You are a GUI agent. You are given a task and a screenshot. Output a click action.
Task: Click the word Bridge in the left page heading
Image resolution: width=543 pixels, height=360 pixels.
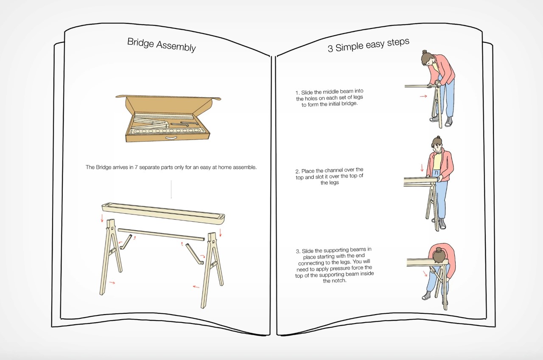140,43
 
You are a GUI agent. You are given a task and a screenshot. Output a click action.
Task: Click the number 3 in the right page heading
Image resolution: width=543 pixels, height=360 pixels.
330,49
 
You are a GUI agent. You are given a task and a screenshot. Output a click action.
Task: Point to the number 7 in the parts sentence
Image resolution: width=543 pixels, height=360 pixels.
136,167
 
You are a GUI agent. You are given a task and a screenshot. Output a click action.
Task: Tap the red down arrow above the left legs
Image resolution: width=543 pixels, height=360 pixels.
102,218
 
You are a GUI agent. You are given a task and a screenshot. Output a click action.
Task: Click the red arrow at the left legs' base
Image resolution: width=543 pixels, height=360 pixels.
112,282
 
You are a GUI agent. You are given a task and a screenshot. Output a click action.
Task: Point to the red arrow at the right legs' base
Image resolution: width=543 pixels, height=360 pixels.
196,287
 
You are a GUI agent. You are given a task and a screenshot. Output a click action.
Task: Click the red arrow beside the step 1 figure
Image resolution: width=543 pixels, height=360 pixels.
423,96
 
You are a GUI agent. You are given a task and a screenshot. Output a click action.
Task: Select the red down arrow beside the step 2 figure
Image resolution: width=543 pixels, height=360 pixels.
422,167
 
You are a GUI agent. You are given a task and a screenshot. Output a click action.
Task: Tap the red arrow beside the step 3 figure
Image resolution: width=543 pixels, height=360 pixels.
425,273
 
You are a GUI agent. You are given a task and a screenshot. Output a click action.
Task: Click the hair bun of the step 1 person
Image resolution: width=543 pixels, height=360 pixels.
424,52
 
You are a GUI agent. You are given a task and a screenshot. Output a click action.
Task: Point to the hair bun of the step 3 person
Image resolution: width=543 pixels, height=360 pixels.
438,250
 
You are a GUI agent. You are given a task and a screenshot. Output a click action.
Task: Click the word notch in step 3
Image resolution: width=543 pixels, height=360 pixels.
339,281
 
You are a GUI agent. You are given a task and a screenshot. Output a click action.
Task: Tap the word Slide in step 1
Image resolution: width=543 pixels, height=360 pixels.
307,92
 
